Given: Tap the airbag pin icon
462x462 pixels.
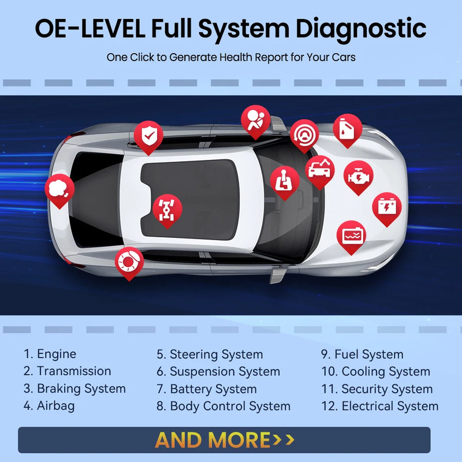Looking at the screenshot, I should click(255, 120).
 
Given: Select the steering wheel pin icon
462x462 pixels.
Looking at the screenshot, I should click(304, 134).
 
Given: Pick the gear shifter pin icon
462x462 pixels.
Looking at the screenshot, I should click(285, 180).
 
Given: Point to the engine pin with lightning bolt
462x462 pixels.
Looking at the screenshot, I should click(358, 176).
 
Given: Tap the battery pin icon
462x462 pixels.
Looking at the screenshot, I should click(386, 207).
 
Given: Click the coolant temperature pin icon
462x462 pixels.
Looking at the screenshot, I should click(351, 235).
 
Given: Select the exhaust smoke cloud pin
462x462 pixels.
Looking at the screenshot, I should click(59, 189).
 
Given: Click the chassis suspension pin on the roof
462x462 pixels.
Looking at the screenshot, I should click(167, 208).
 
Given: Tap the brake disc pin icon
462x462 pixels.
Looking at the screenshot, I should click(129, 261).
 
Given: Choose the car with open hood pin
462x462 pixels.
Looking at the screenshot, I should click(319, 169).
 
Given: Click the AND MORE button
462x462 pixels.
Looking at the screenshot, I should click(224, 440).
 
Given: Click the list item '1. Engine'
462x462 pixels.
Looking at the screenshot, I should click(50, 354).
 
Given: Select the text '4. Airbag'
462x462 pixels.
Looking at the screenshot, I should click(49, 406).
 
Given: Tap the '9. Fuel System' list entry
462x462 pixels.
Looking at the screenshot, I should click(362, 354).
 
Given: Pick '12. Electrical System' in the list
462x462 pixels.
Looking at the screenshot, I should click(379, 406).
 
